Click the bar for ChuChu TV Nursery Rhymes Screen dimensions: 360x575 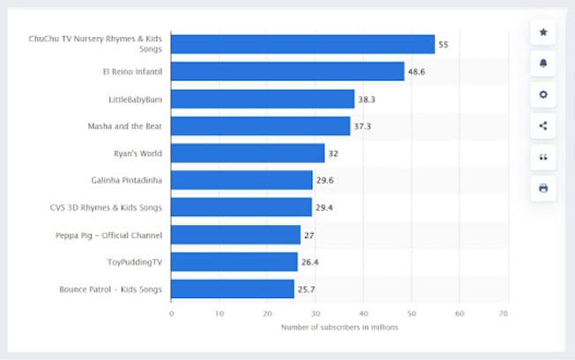[302, 44]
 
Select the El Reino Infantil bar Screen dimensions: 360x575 [287, 71]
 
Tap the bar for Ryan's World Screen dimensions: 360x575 [248, 153]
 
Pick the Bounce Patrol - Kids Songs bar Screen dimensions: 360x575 [232, 289]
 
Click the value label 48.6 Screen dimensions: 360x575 [417, 71]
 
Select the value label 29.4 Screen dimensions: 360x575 [325, 207]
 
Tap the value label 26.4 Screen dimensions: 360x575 [311, 262]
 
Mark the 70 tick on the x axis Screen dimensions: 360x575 [503, 313]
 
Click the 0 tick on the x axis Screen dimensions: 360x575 [171, 313]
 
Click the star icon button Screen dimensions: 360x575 [542, 32]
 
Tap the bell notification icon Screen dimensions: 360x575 [542, 64]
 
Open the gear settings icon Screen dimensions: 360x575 [542, 94]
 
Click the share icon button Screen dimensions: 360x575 [542, 125]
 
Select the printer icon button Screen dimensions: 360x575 [542, 188]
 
